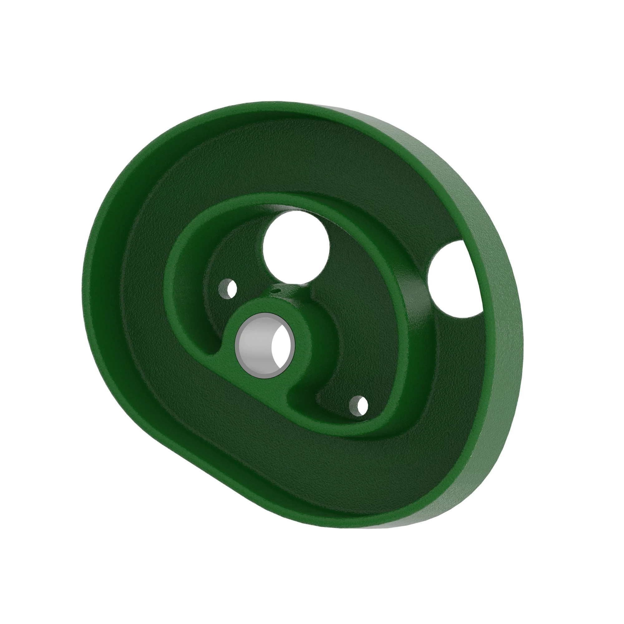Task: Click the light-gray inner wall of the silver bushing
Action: click(254, 345)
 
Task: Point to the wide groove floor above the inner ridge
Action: click(291, 162)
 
